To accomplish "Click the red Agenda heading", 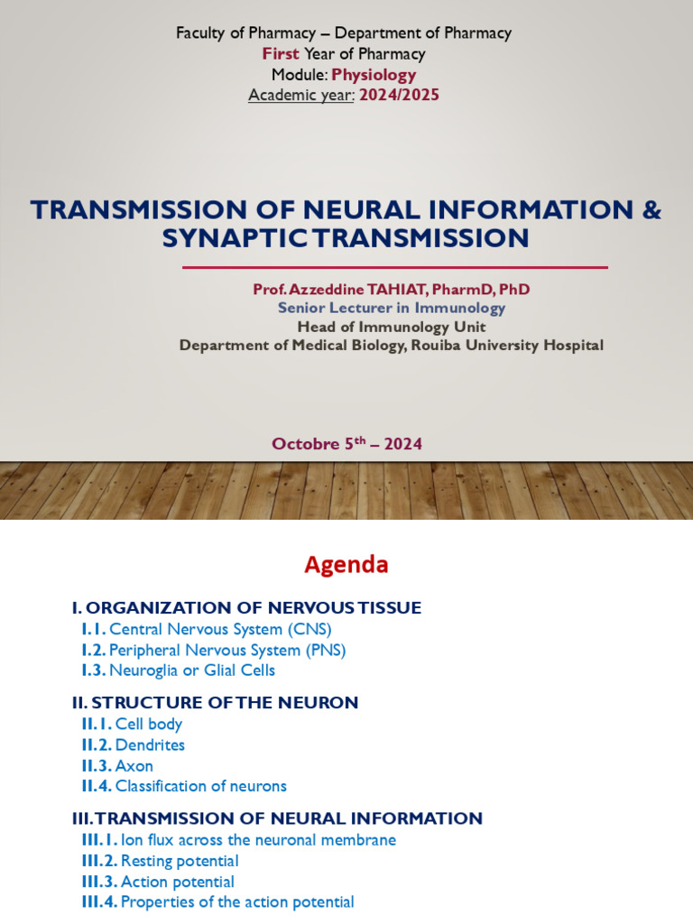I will pyautogui.click(x=346, y=565).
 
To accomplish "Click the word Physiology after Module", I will pyautogui.click(x=374, y=75).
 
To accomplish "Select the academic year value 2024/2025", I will pyautogui.click(x=399, y=95).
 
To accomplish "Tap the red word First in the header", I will pyautogui.click(x=281, y=54).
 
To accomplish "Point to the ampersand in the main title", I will pyautogui.click(x=651, y=210).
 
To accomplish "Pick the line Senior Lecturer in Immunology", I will pyautogui.click(x=391, y=308).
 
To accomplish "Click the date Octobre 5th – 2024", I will pyautogui.click(x=346, y=444).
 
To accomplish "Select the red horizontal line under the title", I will pyautogui.click(x=394, y=267).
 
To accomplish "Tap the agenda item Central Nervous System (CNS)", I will pyautogui.click(x=220, y=629).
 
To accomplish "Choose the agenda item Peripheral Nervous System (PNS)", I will pyautogui.click(x=227, y=650).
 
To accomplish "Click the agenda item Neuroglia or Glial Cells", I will pyautogui.click(x=192, y=670).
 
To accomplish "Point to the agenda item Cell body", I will pyautogui.click(x=148, y=724).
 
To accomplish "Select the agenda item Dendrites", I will pyautogui.click(x=150, y=744).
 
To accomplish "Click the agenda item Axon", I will pyautogui.click(x=134, y=765).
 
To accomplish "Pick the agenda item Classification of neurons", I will pyautogui.click(x=200, y=786).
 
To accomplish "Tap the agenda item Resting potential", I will pyautogui.click(x=180, y=861).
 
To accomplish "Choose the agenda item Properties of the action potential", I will pyautogui.click(x=237, y=901).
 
